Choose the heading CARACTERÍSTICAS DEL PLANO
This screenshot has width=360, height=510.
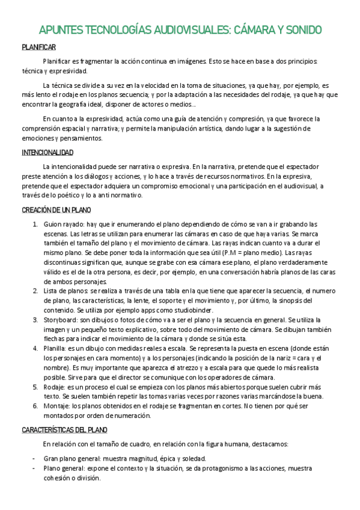coord(65,430)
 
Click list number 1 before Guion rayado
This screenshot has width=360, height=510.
coord(35,224)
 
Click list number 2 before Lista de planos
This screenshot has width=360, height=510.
coord(35,291)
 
